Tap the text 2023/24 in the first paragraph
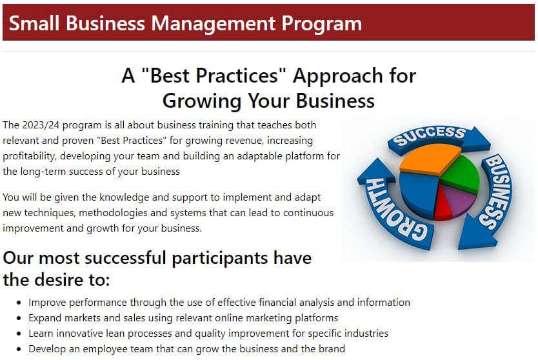click(41, 125)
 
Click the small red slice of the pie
click(443, 207)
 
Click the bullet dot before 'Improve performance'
click(19, 303)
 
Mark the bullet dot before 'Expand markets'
click(19, 318)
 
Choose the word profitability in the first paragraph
click(32, 156)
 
